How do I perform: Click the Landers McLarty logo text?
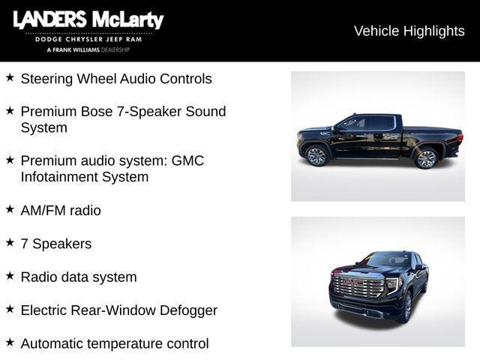tap(88, 20)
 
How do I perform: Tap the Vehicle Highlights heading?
tap(409, 31)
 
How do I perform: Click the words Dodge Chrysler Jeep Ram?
tap(88, 39)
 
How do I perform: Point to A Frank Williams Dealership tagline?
tap(88, 49)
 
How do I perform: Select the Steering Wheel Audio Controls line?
tap(116, 79)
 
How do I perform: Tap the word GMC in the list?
tap(187, 160)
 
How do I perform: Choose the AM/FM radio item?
tap(61, 211)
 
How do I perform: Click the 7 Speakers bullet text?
tap(56, 244)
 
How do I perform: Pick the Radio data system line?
tap(79, 277)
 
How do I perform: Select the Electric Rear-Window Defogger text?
tap(119, 310)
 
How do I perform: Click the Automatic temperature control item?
tap(115, 343)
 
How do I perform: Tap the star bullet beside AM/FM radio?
tap(10, 209)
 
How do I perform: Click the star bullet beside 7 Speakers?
tap(10, 242)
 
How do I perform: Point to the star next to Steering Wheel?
tap(10, 77)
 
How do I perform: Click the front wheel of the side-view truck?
tap(316, 156)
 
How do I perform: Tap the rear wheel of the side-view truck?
tap(426, 157)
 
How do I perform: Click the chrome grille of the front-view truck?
tap(358, 287)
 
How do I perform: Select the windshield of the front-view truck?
tap(386, 260)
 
